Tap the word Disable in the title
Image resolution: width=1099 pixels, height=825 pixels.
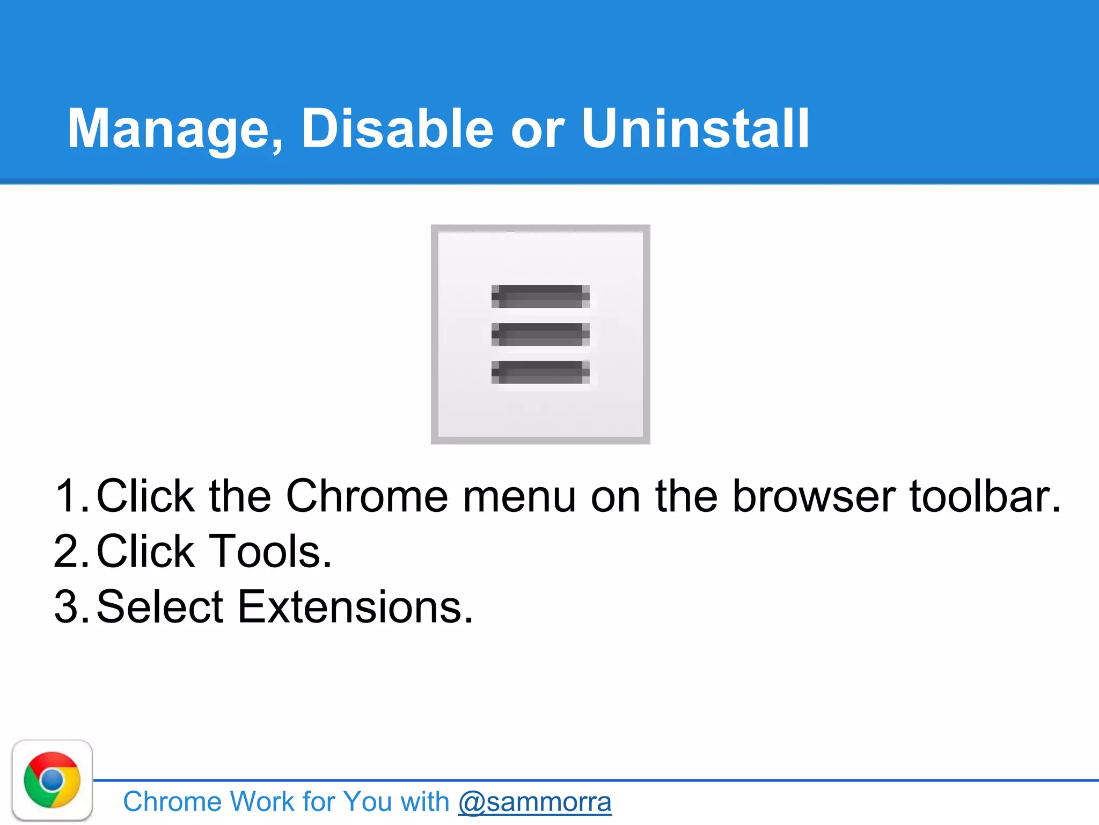click(x=397, y=129)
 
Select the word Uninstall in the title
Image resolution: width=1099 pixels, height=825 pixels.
click(x=695, y=129)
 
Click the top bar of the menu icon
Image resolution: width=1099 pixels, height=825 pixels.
click(x=540, y=296)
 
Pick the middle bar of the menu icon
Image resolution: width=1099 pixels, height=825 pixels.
click(x=540, y=334)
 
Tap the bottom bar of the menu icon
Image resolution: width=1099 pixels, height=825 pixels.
click(x=540, y=372)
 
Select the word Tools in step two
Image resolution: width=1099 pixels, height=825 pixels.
click(x=268, y=552)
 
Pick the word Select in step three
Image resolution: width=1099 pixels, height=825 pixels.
click(x=159, y=607)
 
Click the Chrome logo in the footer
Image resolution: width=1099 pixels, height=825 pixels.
click(x=52, y=780)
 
